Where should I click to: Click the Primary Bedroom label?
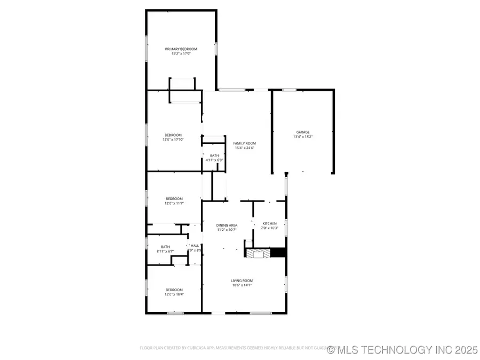[180, 49]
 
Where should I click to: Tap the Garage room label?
[303, 132]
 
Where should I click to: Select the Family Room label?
[244, 143]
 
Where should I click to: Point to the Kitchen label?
[269, 224]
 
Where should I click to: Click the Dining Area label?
[227, 225]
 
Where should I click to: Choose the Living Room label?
[242, 281]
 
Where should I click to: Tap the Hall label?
[195, 246]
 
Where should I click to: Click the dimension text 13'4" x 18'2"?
[303, 137]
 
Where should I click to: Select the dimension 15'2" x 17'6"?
[180, 53]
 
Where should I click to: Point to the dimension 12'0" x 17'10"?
[173, 140]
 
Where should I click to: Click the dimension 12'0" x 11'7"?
[173, 203]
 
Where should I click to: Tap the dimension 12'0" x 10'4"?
[173, 294]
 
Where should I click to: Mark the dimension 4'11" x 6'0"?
[214, 159]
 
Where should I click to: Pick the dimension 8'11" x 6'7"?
[165, 251]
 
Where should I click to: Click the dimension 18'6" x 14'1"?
[242, 285]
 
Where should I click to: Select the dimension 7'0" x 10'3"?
[269, 228]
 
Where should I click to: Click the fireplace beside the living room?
[258, 253]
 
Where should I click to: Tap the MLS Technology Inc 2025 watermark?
[403, 350]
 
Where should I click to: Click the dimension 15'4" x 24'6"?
[244, 148]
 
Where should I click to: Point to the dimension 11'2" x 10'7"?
[227, 230]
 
